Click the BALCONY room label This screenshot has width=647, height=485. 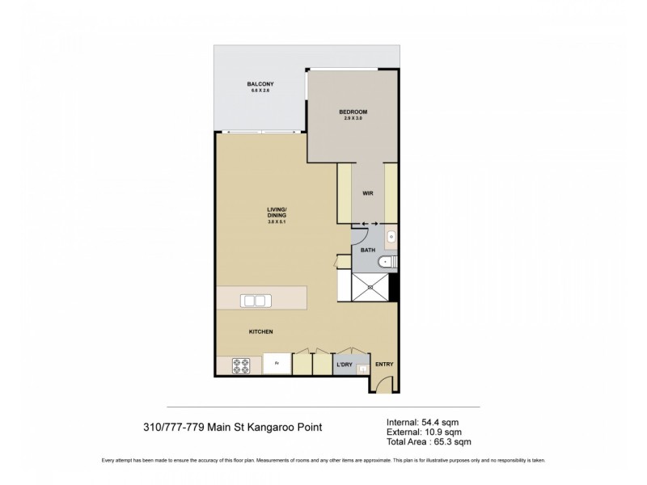pyautogui.click(x=260, y=84)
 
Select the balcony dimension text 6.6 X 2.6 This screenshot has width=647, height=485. pyautogui.click(x=260, y=92)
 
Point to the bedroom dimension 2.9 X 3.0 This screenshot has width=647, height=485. pyautogui.click(x=353, y=119)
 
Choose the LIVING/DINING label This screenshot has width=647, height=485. pyautogui.click(x=277, y=213)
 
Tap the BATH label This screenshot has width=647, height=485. pyautogui.click(x=368, y=251)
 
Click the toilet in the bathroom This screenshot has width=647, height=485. pyautogui.click(x=391, y=260)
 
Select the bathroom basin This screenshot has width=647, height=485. pyautogui.click(x=391, y=238)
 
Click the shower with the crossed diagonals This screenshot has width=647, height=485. pyautogui.click(x=370, y=285)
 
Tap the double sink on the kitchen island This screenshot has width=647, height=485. pyautogui.click(x=256, y=301)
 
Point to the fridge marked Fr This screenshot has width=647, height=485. pyautogui.click(x=276, y=365)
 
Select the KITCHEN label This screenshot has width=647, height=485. pyautogui.click(x=260, y=332)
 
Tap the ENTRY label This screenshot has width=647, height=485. pyautogui.click(x=385, y=364)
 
